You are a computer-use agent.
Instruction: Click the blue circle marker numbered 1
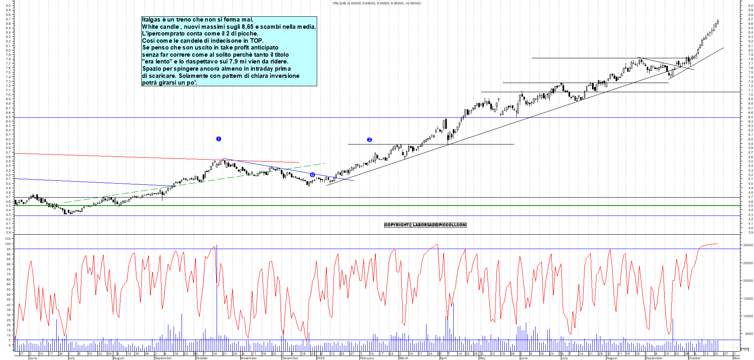coord(219,139)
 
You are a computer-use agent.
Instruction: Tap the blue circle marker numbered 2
coord(369,140)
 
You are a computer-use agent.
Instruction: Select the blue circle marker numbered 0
coord(312,175)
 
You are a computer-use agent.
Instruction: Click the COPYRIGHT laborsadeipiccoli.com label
coord(425,225)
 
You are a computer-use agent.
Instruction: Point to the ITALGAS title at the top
coord(339,3)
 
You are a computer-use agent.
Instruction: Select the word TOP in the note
coord(257,41)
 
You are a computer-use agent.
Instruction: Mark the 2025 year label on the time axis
coord(320,358)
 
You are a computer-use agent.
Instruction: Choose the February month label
coord(367,358)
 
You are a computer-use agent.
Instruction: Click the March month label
coord(404,358)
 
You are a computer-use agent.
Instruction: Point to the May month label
coord(482,358)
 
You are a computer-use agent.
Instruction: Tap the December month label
coord(290,358)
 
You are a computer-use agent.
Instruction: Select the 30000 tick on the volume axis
coord(747,245)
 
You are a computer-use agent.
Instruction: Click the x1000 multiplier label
coord(745,350)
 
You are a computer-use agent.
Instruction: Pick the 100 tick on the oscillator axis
coord(8,244)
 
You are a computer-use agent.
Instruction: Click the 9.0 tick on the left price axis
coord(8,6)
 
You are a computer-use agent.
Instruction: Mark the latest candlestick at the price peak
coord(718,22)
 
